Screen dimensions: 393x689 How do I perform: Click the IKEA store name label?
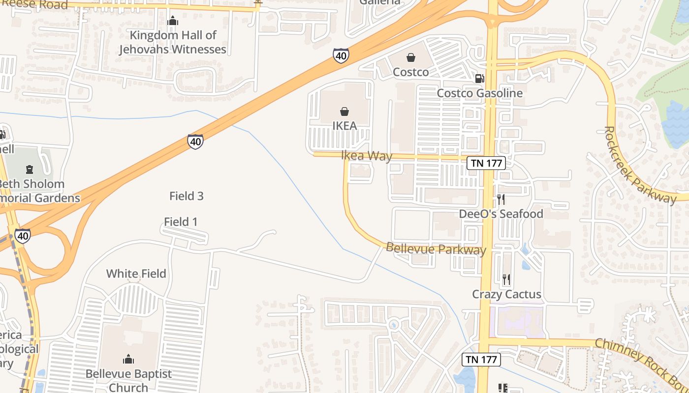(344, 126)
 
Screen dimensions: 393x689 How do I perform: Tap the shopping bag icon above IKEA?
(344, 112)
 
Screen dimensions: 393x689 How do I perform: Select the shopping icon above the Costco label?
(411, 57)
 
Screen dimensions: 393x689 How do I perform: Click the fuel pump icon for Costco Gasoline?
(479, 78)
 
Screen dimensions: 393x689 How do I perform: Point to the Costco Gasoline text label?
(479, 93)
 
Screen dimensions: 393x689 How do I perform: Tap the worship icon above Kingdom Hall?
(173, 21)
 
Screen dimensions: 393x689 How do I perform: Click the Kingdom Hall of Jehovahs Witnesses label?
(173, 42)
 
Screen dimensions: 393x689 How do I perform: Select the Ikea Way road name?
(367, 156)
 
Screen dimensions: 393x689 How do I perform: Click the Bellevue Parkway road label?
(436, 249)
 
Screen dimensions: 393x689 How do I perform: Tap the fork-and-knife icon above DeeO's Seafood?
(501, 199)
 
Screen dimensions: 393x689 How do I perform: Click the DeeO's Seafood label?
(501, 214)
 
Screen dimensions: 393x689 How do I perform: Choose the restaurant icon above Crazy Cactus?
(506, 280)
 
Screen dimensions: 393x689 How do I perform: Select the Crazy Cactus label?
(506, 294)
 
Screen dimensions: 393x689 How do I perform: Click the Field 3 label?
(187, 196)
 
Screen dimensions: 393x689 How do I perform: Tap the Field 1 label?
(181, 222)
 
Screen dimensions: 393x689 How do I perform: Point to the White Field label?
(136, 274)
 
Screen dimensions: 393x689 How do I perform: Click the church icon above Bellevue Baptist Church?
(128, 359)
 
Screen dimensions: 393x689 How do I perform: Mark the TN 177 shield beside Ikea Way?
(486, 163)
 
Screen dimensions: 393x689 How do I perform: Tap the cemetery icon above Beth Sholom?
(30, 169)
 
